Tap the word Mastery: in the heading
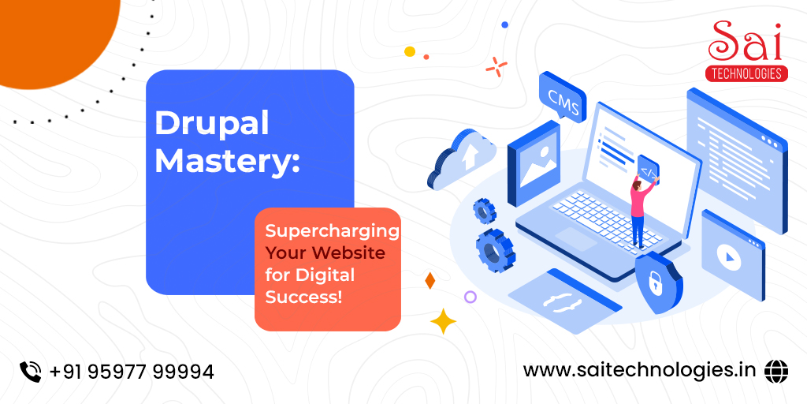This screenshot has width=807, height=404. [x=227, y=160]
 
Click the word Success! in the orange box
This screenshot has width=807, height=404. [x=303, y=297]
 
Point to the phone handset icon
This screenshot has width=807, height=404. [x=31, y=372]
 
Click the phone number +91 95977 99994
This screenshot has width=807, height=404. [x=132, y=372]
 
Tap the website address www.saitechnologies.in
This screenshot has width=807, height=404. [x=639, y=371]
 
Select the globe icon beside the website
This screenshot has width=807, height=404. [x=776, y=371]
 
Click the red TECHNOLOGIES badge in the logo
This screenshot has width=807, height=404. [x=746, y=73]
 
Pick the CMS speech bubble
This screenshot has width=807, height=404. [x=563, y=97]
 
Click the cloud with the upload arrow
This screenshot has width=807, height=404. [x=462, y=158]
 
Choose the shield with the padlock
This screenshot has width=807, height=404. [x=658, y=282]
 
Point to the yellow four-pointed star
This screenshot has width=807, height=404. [x=443, y=321]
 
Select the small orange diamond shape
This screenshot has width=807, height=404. [x=430, y=280]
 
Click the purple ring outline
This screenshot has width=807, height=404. [x=470, y=297]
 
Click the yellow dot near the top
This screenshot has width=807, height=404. [x=410, y=51]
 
